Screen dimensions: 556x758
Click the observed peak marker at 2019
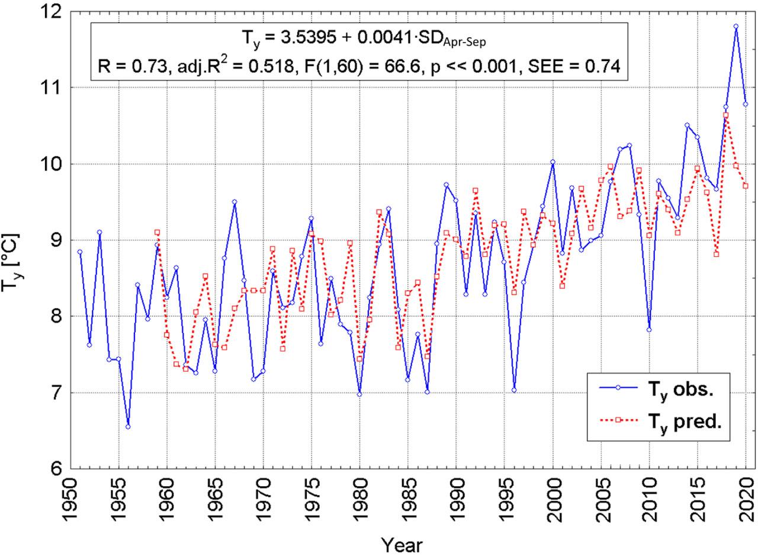(x=736, y=26)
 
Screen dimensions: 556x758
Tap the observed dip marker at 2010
(x=649, y=330)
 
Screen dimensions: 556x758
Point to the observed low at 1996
(x=514, y=390)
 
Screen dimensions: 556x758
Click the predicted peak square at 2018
(x=726, y=115)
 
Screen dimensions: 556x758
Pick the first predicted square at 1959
(x=157, y=232)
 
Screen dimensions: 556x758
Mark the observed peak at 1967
(x=235, y=202)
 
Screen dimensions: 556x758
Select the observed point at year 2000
(x=553, y=162)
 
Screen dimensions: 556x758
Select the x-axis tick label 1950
(x=70, y=498)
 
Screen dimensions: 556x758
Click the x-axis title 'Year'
(x=402, y=544)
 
